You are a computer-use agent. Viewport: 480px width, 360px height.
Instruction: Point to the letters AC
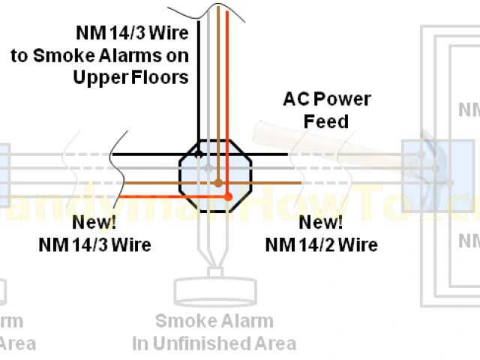click(x=295, y=99)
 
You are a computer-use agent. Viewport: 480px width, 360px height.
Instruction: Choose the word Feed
click(x=326, y=121)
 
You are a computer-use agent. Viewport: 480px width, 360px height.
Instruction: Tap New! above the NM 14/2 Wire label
click(x=321, y=223)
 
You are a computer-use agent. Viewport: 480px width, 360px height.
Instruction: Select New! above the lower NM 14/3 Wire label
click(x=94, y=223)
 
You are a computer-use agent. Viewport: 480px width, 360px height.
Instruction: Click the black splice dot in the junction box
click(x=199, y=155)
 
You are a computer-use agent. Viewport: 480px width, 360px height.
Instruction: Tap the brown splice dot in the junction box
click(x=218, y=182)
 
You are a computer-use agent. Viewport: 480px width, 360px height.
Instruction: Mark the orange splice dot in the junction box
click(x=229, y=197)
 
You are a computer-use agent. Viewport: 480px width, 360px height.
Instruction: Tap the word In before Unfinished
click(x=142, y=344)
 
